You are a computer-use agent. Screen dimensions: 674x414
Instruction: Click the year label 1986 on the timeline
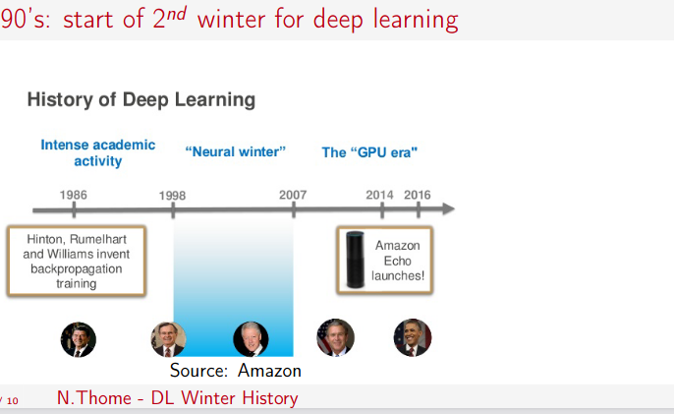coord(73,195)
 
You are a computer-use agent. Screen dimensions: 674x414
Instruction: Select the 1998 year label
coord(172,196)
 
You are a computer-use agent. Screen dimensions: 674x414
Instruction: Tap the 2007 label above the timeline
coord(293,195)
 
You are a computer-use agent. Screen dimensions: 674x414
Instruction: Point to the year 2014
coord(379,195)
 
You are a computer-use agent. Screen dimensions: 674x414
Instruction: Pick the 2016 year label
coord(418,195)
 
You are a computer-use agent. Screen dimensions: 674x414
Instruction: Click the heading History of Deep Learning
coord(141,100)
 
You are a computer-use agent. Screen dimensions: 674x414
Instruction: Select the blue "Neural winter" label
coord(236,151)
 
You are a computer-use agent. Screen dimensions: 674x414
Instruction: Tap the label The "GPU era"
coord(369,152)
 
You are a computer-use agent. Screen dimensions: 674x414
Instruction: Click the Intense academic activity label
coord(98,152)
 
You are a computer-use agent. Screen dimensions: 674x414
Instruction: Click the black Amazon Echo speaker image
coord(356,260)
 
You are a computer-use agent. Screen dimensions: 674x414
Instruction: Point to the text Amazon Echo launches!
coord(398,261)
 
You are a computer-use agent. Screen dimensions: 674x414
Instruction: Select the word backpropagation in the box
coord(77,269)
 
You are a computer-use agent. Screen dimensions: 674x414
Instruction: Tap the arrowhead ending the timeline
coord(448,208)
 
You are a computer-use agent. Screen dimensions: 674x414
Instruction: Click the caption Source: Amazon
coord(236,371)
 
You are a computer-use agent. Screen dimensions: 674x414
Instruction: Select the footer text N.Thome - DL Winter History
coord(178,398)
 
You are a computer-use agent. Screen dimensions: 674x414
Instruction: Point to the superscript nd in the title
coord(177,14)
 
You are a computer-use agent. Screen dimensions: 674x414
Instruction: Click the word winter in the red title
coord(231,20)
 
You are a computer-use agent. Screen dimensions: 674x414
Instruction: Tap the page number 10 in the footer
coord(13,401)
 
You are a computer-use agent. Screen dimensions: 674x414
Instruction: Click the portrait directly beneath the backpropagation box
coord(79,339)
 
